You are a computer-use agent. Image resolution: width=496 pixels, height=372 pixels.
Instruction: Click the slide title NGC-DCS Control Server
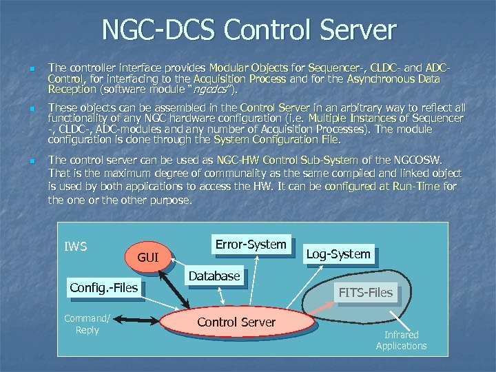(x=249, y=30)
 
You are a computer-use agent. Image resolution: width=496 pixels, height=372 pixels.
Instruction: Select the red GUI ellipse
(x=147, y=258)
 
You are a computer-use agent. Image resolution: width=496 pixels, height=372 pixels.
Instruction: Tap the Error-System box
(x=250, y=245)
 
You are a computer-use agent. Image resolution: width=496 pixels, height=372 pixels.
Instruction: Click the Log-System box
(x=338, y=254)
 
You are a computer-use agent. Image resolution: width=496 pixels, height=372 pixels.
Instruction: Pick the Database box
(x=214, y=276)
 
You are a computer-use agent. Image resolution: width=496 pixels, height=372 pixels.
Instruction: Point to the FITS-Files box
(x=365, y=292)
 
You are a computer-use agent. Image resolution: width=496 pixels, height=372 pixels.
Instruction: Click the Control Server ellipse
(x=236, y=322)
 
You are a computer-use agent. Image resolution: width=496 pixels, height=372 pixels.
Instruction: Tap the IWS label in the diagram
(x=76, y=246)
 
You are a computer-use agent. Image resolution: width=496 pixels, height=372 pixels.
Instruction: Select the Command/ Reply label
(x=87, y=324)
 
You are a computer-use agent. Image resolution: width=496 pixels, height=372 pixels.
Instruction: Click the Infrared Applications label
(x=401, y=340)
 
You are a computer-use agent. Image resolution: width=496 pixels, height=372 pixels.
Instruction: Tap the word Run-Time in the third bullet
(x=415, y=187)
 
